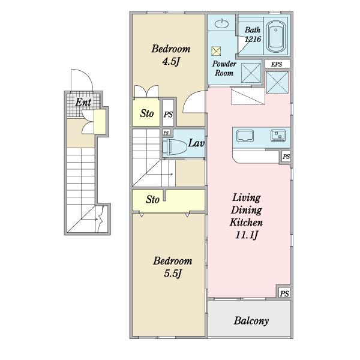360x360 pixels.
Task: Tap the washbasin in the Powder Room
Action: pos(222,23)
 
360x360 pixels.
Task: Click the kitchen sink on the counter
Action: pos(245,136)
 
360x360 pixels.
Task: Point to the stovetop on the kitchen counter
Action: pos(278,136)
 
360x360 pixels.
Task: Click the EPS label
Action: pos(277,64)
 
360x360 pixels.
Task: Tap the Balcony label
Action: pos(251,321)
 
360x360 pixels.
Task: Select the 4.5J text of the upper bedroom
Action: pos(170,61)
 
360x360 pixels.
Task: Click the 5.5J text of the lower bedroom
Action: pos(173,273)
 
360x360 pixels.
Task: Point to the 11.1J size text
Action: pos(247,235)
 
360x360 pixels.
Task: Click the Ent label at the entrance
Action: pos(83,102)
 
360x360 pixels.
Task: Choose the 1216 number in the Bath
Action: pos(253,39)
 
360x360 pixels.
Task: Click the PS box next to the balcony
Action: pos(284,293)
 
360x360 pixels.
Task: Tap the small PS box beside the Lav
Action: pos(166,133)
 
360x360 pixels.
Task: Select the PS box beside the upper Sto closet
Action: pos(168,114)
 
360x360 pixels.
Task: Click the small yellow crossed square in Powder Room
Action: pos(216,51)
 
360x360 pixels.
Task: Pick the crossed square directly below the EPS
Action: pos(277,82)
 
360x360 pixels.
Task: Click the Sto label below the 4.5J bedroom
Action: pos(147,113)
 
